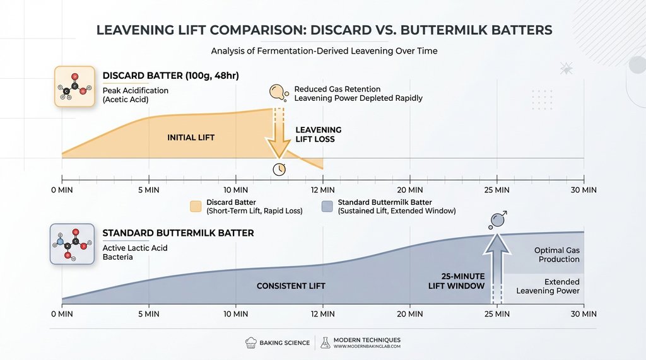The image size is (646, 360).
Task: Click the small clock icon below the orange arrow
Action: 279,169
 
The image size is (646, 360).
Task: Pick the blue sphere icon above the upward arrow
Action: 497,220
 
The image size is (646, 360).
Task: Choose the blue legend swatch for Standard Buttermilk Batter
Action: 327,206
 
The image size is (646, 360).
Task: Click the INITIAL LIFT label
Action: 191,137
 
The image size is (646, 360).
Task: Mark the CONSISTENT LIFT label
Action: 291,286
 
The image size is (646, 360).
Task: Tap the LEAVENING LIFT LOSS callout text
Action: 319,134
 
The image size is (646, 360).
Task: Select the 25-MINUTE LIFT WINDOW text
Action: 454,281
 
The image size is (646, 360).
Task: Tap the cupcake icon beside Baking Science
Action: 250,342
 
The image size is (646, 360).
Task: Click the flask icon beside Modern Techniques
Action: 326,342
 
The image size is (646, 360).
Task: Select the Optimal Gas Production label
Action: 556,255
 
